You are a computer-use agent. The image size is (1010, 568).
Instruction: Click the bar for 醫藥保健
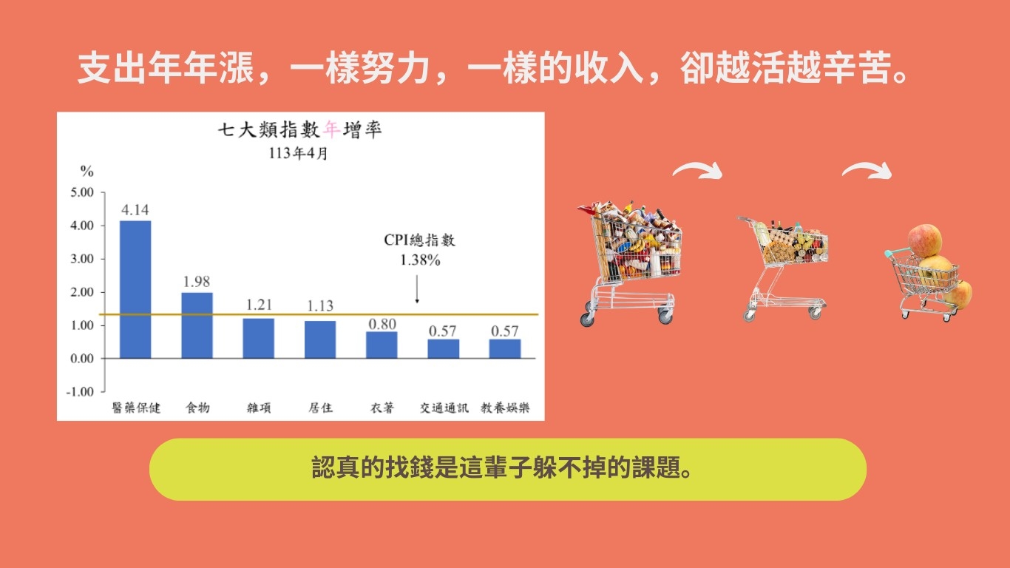click(x=135, y=290)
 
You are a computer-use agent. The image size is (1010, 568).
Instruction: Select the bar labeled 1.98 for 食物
click(x=197, y=325)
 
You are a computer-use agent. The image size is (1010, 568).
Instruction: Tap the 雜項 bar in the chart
click(x=258, y=339)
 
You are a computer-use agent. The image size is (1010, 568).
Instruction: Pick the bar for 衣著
click(x=382, y=345)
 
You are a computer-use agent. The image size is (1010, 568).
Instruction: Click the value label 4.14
click(x=135, y=210)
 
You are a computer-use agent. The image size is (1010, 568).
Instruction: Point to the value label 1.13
click(x=320, y=306)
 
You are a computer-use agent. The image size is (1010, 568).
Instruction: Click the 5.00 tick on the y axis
click(x=82, y=192)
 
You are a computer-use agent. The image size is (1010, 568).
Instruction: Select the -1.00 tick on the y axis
click(x=80, y=391)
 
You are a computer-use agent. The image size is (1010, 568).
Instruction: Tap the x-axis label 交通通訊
click(x=444, y=408)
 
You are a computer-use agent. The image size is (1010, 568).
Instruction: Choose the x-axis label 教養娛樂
click(x=505, y=408)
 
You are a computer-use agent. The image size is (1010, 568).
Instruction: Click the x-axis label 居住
click(x=321, y=408)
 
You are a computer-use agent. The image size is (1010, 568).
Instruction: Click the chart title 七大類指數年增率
click(x=300, y=130)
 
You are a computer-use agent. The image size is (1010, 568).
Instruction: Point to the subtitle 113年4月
click(x=298, y=153)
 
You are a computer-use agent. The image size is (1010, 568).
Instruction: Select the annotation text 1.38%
click(x=420, y=260)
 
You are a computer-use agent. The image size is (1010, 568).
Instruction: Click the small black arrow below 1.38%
click(x=417, y=289)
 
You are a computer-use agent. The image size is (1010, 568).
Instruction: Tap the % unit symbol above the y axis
click(x=87, y=171)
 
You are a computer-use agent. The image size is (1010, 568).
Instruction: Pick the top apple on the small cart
click(x=925, y=240)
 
